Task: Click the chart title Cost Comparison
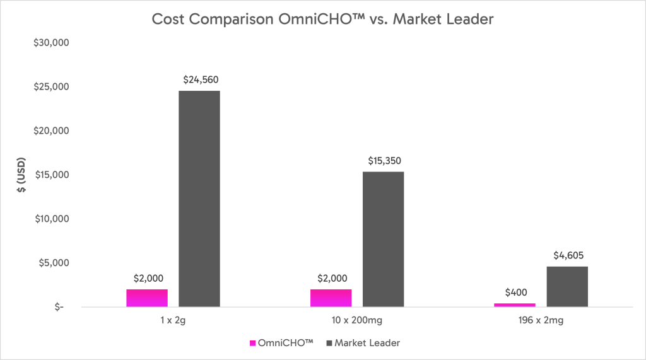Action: (x=322, y=20)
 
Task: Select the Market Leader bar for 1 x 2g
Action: (x=199, y=199)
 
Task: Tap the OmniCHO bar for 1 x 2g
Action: (x=147, y=298)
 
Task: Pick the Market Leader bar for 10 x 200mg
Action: (x=383, y=239)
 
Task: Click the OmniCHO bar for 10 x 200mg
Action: (x=331, y=298)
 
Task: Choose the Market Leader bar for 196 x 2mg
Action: (x=567, y=286)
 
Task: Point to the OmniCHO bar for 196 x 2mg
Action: (x=515, y=305)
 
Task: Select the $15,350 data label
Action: (x=384, y=161)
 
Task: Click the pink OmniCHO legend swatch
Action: (x=253, y=343)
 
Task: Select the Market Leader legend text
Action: (x=367, y=343)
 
